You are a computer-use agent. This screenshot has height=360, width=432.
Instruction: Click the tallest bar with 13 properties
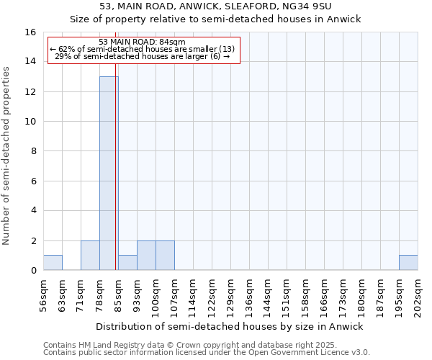pos(109,173)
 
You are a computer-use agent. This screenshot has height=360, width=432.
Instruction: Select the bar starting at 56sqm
pos(53,263)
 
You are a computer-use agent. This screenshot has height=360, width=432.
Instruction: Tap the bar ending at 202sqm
pos(408,263)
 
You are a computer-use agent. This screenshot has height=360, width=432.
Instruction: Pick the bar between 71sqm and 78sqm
pos(90,256)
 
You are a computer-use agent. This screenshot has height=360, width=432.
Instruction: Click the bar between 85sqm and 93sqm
pos(127,263)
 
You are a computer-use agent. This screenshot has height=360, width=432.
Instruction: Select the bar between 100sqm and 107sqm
pos(165,256)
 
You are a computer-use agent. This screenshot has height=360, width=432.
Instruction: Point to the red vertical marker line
pos(115,180)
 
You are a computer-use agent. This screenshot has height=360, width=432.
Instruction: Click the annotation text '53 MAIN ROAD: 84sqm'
pos(142,42)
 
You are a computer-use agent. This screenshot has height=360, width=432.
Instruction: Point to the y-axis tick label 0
pos(33,270)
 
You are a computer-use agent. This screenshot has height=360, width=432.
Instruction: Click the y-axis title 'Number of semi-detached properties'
pos(6,156)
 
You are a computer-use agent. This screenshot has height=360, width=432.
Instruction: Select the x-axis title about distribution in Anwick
pos(230,326)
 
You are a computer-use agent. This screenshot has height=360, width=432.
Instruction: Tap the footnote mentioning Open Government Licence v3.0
pos(207,353)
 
